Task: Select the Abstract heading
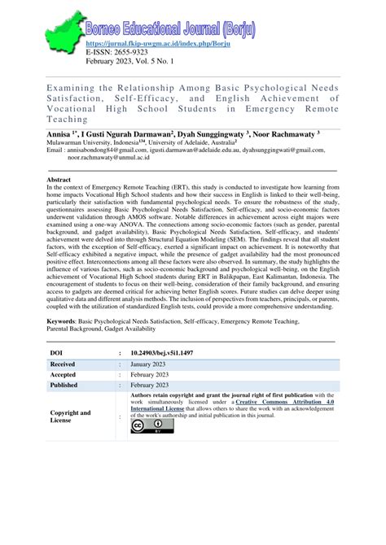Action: coord(59,179)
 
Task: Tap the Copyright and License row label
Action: coord(70,417)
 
